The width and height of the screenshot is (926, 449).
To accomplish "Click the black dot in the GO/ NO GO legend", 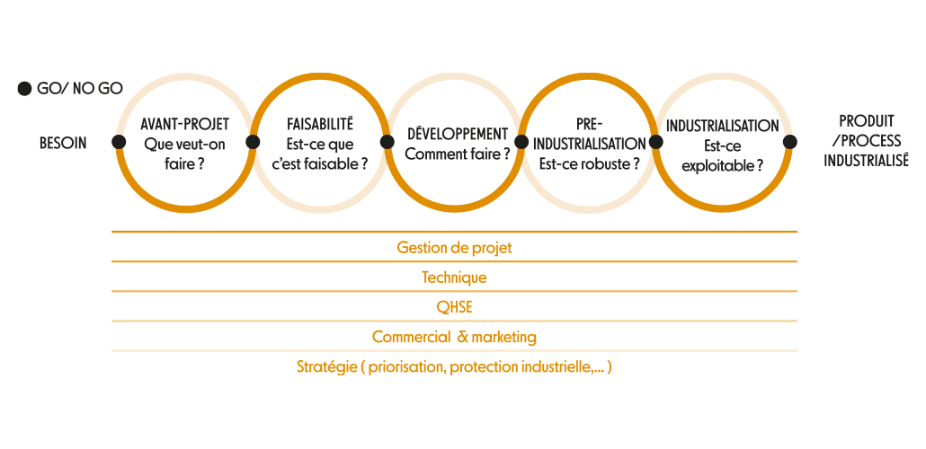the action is coord(24,89).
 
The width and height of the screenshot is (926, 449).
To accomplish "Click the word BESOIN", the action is coord(63,143).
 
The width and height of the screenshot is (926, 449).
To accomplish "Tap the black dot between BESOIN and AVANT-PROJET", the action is coord(119,142).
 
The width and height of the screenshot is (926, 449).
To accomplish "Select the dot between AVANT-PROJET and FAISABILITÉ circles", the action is coord(253,142).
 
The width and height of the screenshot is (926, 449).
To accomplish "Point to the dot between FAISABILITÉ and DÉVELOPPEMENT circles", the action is coord(387,142).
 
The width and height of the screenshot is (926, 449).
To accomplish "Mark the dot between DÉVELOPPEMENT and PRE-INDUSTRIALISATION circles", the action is coord(521,142).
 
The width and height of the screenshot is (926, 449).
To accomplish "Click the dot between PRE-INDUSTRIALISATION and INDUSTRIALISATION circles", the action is coord(655,142).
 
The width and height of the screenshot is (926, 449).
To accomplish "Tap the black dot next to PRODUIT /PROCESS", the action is coord(790,142).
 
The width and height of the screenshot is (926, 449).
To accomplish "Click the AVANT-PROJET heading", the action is coord(185,125).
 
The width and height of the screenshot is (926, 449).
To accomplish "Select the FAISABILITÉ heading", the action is coord(319,125).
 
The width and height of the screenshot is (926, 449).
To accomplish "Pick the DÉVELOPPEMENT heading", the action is coord(458,134).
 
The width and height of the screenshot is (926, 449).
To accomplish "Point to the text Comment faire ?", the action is coord(458,154).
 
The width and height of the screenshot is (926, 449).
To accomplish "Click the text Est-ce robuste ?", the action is coord(590,163).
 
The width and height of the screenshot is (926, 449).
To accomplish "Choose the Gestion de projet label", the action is coord(454,248).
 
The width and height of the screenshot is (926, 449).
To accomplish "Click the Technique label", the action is coord(454,277).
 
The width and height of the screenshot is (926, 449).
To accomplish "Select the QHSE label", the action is coord(454,307).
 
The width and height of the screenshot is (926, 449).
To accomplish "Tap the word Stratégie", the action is coord(326,367).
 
